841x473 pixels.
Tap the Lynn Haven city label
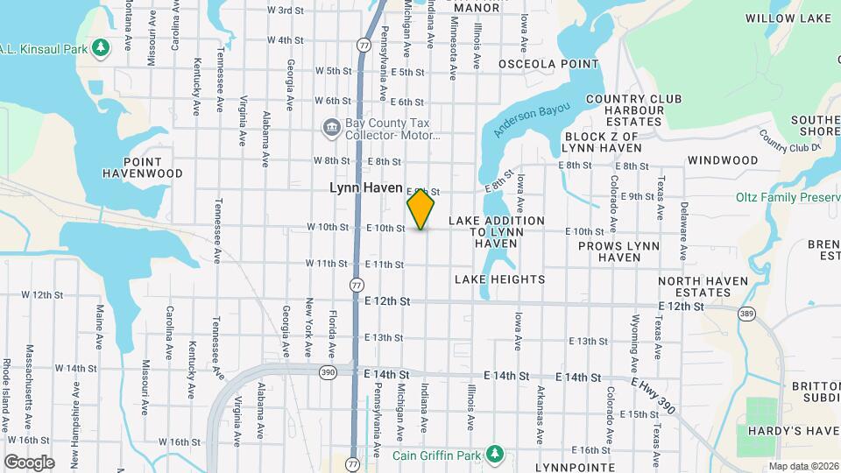(365, 187)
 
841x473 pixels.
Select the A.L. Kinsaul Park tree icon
(102, 46)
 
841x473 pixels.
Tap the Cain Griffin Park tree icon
(496, 453)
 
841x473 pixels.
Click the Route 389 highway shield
(746, 313)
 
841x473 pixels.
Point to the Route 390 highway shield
(328, 373)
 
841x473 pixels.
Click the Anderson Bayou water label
(531, 119)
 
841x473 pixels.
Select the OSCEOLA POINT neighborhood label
(548, 64)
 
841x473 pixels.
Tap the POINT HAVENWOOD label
(132, 168)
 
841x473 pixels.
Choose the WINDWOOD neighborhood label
(723, 160)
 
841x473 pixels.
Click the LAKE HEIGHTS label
(499, 279)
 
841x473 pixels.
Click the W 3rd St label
(285, 10)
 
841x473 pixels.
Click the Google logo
(28, 462)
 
